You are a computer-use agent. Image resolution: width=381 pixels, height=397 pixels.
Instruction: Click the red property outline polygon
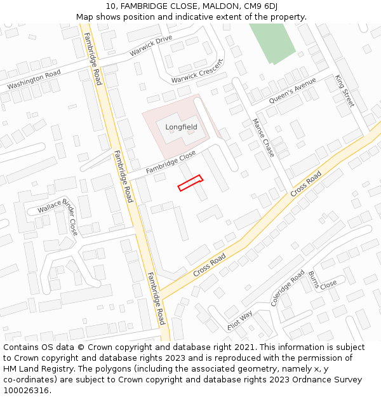pyautogui.click(x=190, y=183)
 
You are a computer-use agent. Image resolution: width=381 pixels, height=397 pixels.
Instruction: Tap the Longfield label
pyautogui.click(x=181, y=127)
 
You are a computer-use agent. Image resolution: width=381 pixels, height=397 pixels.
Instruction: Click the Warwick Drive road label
pyautogui.click(x=151, y=46)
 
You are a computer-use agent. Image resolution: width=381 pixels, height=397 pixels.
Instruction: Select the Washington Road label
pyautogui.click(x=34, y=79)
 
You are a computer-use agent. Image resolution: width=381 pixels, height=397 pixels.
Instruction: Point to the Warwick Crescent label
pyautogui.click(x=197, y=72)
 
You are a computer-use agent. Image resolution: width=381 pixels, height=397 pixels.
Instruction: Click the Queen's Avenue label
pyautogui.click(x=292, y=91)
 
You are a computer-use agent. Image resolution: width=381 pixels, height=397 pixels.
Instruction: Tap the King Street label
pyautogui.click(x=344, y=90)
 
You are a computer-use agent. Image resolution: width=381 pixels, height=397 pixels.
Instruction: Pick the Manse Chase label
pyautogui.click(x=263, y=138)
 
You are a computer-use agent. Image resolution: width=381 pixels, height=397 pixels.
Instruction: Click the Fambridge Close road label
pyautogui.click(x=170, y=162)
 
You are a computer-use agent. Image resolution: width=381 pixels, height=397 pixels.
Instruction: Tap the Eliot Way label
pyautogui.click(x=240, y=320)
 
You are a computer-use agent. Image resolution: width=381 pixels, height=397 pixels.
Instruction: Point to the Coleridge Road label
pyautogui.click(x=288, y=288)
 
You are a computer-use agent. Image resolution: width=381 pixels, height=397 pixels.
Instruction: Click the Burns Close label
pyautogui.click(x=322, y=281)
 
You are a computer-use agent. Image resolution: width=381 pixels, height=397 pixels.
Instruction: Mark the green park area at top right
pyautogui.click(x=273, y=42)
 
